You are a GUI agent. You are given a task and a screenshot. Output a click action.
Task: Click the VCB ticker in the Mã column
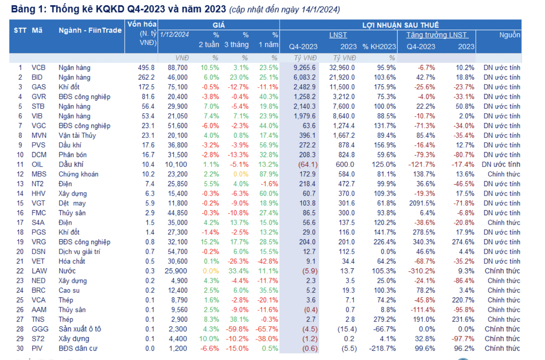38,68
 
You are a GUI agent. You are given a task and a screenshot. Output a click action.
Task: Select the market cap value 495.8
146,68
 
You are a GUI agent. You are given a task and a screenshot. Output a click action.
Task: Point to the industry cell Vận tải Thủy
77,136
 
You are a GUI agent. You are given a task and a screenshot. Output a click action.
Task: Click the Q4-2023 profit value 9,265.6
304,68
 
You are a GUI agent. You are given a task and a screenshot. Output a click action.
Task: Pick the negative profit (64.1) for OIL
308,165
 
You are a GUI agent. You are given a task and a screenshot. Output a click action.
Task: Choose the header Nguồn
509,35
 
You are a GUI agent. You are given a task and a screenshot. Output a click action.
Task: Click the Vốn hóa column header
142,24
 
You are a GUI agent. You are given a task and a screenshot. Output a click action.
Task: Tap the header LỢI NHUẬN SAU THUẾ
400,25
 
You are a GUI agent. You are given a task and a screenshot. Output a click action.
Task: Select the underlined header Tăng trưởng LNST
436,35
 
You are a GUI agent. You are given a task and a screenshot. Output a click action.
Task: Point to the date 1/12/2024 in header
174,35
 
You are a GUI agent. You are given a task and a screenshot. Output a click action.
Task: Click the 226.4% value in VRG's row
384,242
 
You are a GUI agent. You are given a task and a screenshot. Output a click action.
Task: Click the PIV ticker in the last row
37,349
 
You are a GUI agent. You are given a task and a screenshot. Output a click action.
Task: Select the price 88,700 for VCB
177,68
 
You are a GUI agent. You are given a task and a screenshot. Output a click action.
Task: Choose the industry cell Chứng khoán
78,174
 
